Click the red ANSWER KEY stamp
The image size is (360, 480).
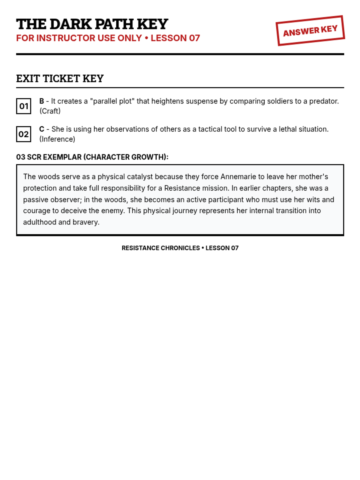tap(310, 31)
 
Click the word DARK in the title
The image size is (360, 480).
tap(70, 24)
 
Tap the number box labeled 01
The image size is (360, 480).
tap(24, 106)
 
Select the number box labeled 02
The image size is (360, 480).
tap(24, 134)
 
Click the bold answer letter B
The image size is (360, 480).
tap(42, 101)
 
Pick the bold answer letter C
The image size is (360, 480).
tap(42, 129)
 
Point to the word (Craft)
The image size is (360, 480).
tap(50, 111)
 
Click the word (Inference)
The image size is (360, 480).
tap(57, 139)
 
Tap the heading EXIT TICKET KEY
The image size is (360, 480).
tap(60, 79)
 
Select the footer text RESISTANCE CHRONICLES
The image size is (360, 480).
tap(160, 248)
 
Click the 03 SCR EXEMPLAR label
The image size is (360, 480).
tap(92, 157)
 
